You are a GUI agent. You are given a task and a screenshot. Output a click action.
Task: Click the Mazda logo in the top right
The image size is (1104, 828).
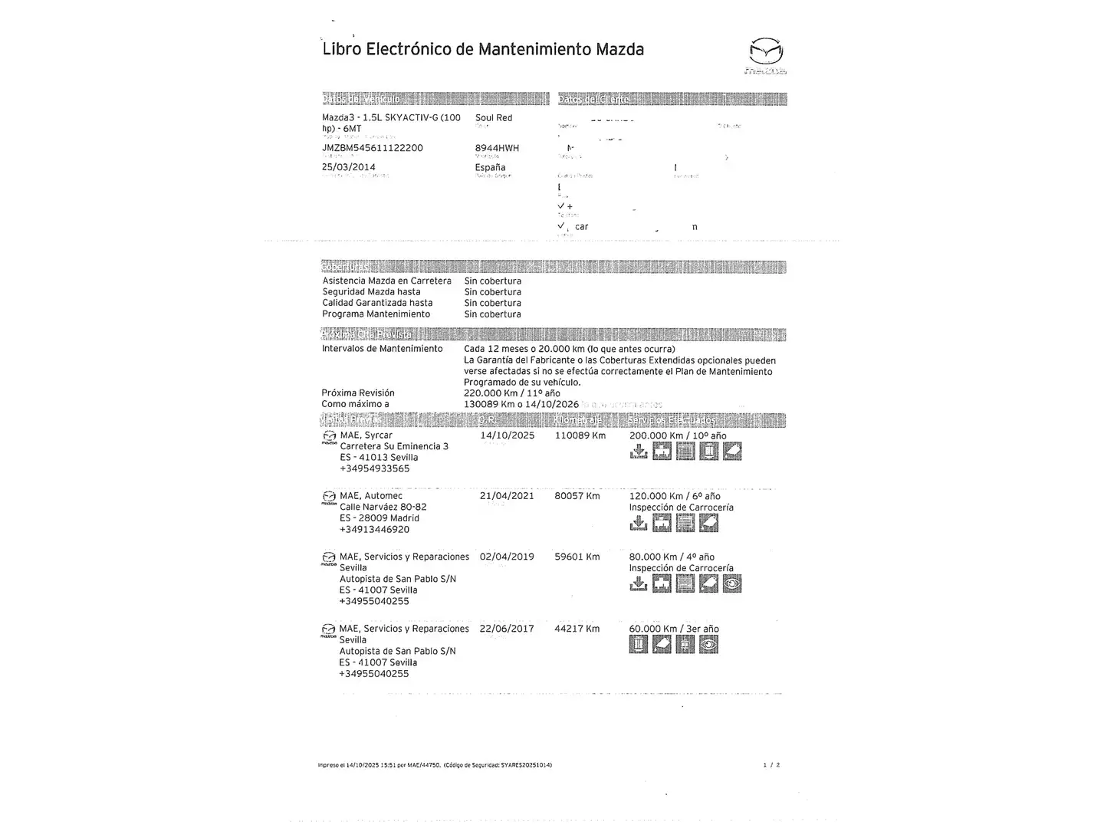[766, 54]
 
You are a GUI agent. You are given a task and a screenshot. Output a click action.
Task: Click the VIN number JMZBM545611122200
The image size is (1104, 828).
[372, 148]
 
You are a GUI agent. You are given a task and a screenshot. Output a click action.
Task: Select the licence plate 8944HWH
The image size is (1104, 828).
[497, 148]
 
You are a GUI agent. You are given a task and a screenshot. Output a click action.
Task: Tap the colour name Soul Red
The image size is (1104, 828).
[494, 118]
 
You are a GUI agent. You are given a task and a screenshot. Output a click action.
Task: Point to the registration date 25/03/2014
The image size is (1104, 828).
[349, 167]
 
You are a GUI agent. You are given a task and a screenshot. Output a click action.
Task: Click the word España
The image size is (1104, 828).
[490, 167]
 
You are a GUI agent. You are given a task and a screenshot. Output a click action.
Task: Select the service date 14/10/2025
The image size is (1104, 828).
[508, 435]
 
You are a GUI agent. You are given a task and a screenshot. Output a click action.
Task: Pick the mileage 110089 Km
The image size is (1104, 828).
[580, 435]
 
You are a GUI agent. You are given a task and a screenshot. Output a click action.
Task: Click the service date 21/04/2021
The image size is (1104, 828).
[507, 496]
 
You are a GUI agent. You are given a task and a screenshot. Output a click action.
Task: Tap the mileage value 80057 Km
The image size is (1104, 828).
[577, 496]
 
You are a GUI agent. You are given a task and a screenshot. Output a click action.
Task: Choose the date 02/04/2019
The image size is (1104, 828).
[507, 557]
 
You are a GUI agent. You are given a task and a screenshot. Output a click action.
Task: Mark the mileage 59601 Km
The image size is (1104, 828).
[577, 557]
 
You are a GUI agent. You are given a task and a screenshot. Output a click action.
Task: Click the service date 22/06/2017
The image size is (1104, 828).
[507, 629]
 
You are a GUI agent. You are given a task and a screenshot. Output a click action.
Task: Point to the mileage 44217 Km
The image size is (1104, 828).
[577, 629]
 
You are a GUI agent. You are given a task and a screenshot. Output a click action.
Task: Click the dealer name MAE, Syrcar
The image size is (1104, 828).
[366, 435]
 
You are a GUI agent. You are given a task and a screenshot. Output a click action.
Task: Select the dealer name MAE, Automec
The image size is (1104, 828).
[371, 496]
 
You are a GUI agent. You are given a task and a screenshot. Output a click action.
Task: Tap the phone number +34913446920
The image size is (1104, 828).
[374, 530]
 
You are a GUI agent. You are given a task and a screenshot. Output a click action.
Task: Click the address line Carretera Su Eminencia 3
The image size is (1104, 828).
[394, 446]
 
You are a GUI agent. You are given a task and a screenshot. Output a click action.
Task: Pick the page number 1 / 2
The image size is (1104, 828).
[772, 765]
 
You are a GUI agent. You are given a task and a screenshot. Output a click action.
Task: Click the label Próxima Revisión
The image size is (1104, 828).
[358, 393]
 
